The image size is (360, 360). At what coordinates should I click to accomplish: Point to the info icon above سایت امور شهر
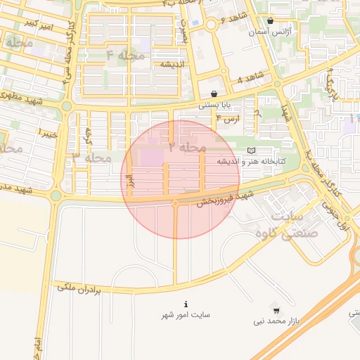coord(186,304)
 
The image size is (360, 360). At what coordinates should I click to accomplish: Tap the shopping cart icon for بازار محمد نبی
coord(276,309)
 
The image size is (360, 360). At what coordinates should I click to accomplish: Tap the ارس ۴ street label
coord(229,120)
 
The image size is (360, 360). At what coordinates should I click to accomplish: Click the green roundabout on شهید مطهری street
coord(66,106)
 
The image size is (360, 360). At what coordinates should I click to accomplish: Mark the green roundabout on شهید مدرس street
coord(56,195)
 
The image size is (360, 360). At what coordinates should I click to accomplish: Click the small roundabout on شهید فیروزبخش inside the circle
coord(175,204)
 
